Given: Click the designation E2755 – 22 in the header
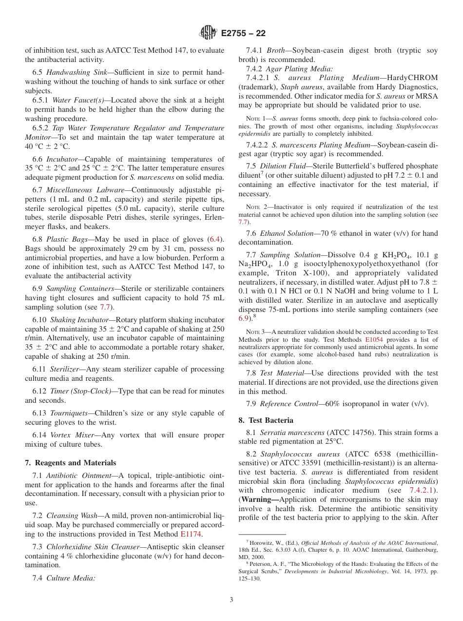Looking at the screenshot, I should click(x=243, y=33).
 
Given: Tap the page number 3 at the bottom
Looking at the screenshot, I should click(x=231, y=600).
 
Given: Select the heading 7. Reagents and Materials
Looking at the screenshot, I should click(x=70, y=463).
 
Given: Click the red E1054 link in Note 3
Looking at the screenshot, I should click(x=374, y=339).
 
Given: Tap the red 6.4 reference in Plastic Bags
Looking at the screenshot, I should click(x=214, y=239).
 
